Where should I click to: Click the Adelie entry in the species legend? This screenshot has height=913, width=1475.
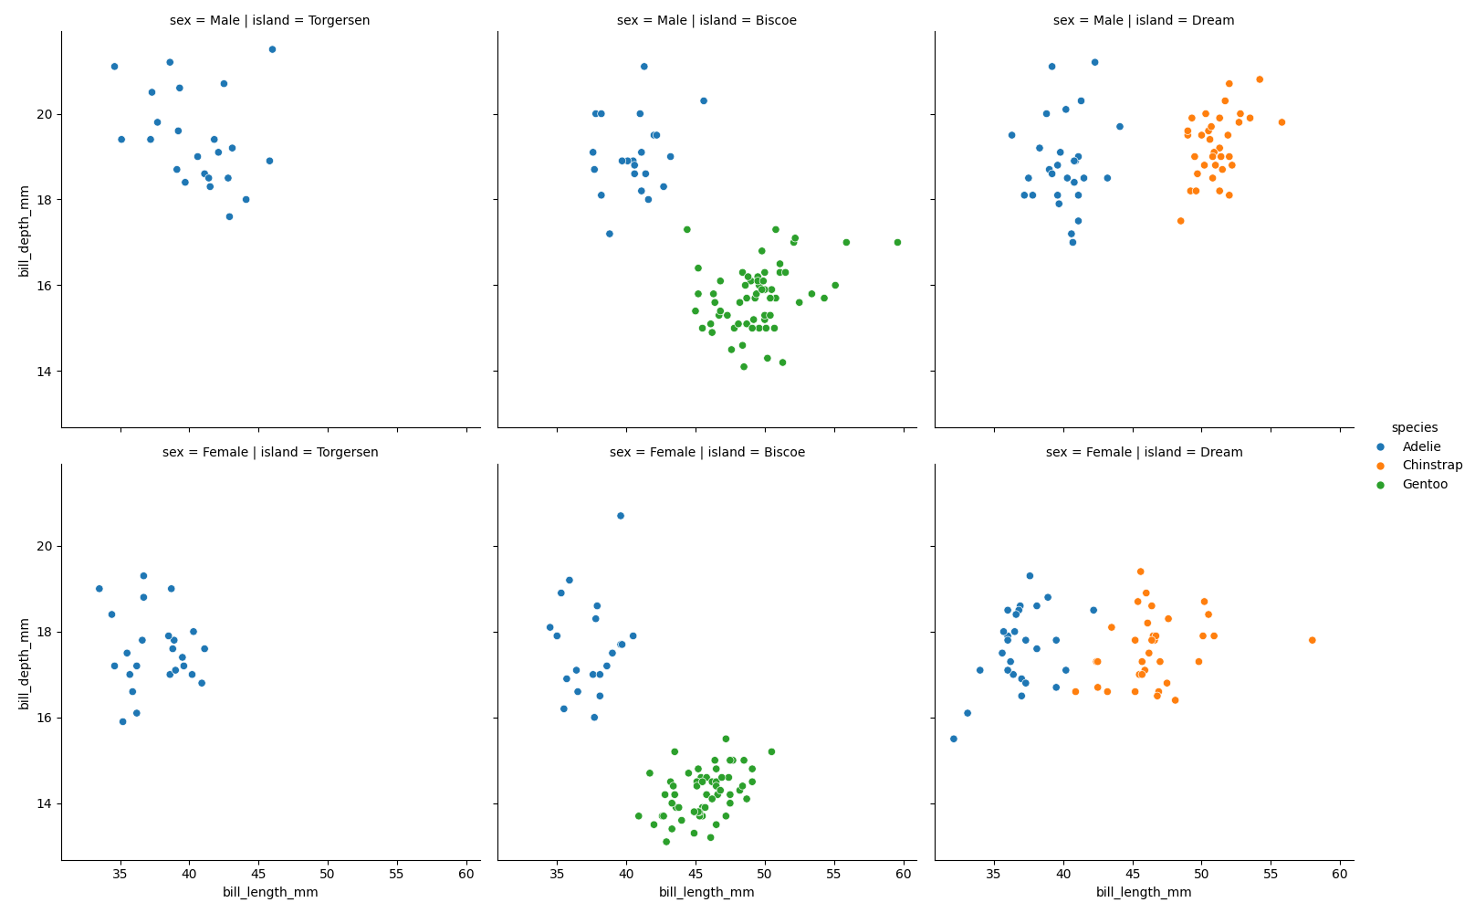click(x=1421, y=446)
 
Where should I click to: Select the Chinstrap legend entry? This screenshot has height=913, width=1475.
click(x=1431, y=466)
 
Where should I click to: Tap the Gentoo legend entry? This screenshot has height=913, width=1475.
click(x=1425, y=485)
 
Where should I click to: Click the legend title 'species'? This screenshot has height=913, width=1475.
click(x=1414, y=427)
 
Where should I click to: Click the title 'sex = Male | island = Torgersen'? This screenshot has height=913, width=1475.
click(x=270, y=20)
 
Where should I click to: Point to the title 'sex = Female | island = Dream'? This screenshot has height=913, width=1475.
click(x=1144, y=452)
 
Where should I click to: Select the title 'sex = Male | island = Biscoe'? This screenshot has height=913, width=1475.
click(x=706, y=20)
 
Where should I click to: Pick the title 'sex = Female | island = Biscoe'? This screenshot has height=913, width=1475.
click(x=706, y=452)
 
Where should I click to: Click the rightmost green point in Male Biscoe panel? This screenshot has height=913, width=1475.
click(x=897, y=242)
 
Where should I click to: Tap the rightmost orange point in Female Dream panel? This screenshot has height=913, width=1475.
click(x=1312, y=640)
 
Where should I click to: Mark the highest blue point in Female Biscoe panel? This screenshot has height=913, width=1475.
click(x=621, y=516)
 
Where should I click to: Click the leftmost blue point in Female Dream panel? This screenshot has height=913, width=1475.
click(x=953, y=739)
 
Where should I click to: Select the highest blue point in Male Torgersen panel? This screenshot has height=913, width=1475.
click(x=272, y=49)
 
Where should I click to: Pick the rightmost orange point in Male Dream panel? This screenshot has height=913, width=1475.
click(x=1281, y=122)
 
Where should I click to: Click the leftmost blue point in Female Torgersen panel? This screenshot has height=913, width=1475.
click(x=99, y=589)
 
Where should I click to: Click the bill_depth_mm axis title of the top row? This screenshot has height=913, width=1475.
click(x=25, y=231)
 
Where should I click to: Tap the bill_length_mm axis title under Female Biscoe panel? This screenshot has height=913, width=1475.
click(x=706, y=893)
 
